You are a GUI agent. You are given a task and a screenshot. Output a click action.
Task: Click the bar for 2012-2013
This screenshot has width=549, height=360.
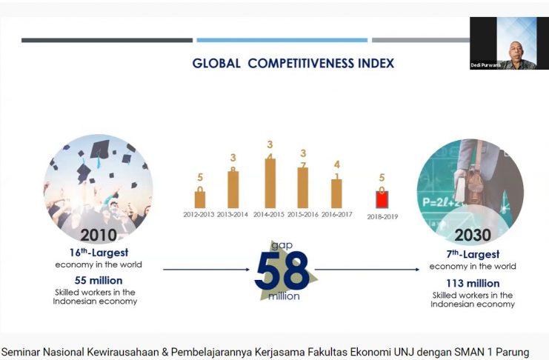200,199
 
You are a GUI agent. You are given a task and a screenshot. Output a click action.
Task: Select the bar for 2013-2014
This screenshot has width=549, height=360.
233,190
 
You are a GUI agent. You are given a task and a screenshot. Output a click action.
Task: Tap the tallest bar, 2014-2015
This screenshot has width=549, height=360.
270,183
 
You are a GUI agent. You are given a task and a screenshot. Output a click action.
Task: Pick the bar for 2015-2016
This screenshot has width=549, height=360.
302,187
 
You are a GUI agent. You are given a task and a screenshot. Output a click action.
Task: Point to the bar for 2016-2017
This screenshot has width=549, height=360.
336,193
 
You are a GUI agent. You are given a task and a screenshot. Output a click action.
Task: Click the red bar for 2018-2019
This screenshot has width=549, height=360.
382,199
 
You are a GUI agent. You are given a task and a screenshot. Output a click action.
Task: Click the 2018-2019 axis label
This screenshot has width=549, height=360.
382,217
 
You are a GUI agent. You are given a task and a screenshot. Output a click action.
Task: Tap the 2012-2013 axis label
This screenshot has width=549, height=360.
200,214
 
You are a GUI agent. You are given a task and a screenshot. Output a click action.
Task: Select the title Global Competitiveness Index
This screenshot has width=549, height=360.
293,64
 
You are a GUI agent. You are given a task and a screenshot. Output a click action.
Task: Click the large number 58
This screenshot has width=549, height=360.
282,272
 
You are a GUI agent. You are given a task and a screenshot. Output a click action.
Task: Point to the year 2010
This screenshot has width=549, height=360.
99,236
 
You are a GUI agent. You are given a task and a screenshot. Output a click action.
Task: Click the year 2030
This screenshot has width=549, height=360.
472,236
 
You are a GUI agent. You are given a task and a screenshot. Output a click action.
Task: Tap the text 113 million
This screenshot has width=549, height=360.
472,283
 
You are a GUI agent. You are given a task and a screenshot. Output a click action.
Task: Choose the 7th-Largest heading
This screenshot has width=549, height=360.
472,254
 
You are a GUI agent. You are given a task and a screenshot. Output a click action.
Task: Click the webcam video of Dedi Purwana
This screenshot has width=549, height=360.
508,42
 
